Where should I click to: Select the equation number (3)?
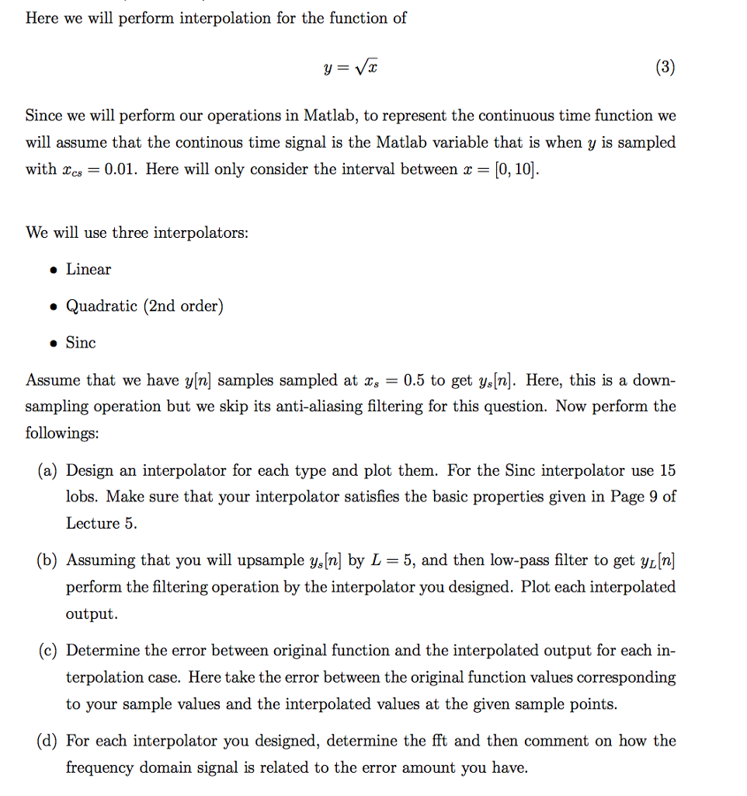pos(664,68)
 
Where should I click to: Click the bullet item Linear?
pos(89,269)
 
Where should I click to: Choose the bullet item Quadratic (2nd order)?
pos(144,305)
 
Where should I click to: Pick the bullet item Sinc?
pos(81,342)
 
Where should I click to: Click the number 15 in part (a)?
pos(667,470)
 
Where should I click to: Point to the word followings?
pos(62,433)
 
